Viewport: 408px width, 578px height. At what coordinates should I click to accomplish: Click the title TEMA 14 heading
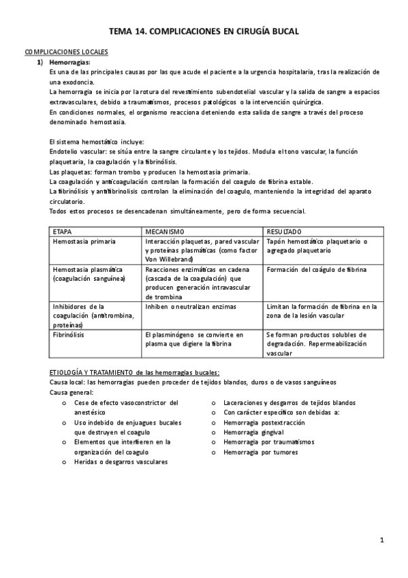click(204, 31)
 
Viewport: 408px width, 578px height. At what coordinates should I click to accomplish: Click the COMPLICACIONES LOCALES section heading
click(66, 52)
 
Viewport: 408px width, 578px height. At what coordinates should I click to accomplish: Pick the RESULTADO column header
click(285, 232)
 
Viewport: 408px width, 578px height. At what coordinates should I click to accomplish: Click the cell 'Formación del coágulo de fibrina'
click(317, 269)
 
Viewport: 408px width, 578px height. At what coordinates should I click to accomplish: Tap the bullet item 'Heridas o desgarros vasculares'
click(120, 461)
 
